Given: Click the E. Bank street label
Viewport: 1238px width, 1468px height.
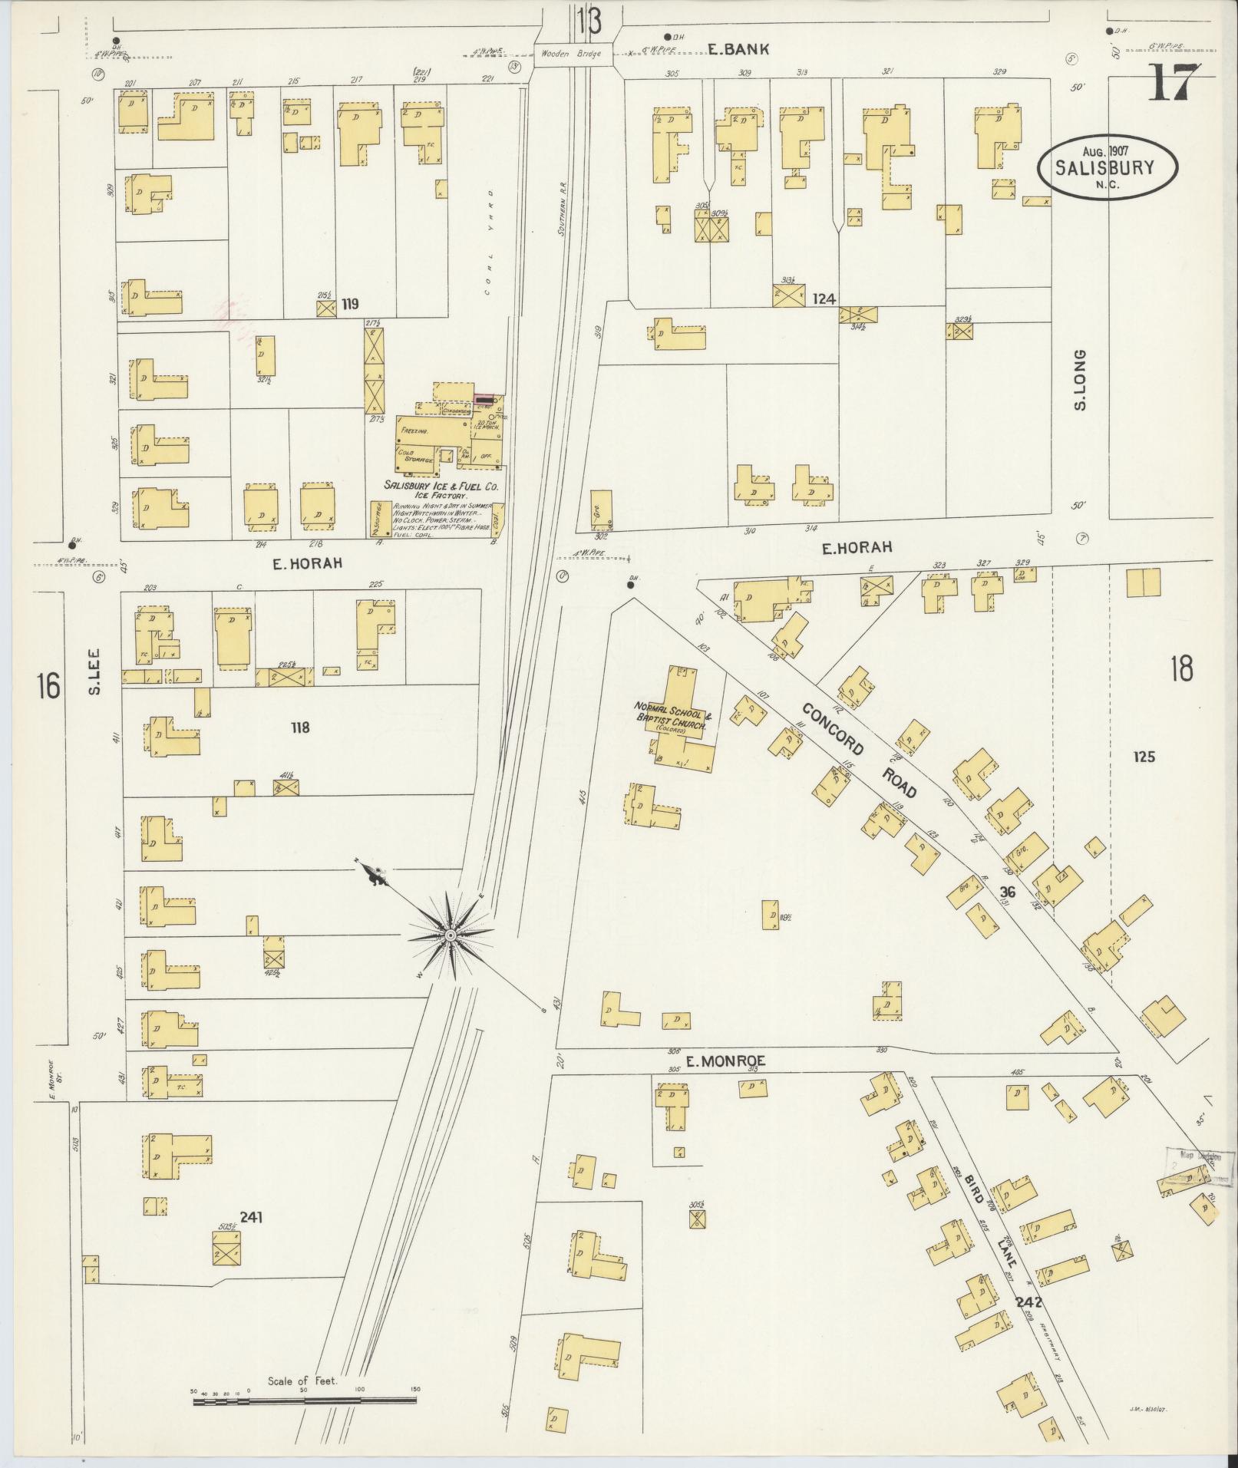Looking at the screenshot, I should (x=738, y=50).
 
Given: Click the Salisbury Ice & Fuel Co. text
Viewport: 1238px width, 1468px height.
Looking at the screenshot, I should (x=442, y=487).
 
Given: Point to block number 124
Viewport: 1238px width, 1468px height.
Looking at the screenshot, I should (x=824, y=299).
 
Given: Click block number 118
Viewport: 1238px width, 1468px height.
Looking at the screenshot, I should (x=299, y=727).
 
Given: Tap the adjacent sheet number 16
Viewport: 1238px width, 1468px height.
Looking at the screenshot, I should (x=47, y=685).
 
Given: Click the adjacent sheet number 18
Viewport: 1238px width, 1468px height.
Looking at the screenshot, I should (x=1181, y=669).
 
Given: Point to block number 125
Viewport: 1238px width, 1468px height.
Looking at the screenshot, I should (x=1144, y=757).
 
